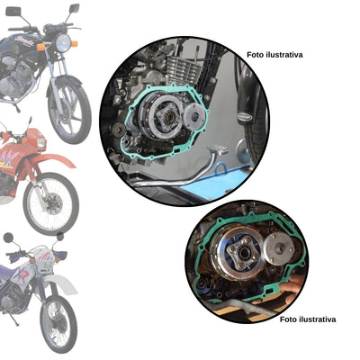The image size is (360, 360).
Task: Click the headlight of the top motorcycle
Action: click(63, 41)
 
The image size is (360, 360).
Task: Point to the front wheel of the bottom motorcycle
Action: click(58, 322)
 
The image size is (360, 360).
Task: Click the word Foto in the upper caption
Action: click(256, 54)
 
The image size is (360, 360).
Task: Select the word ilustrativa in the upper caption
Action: click(284, 54)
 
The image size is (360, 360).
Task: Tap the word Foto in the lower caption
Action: click(290, 319)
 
